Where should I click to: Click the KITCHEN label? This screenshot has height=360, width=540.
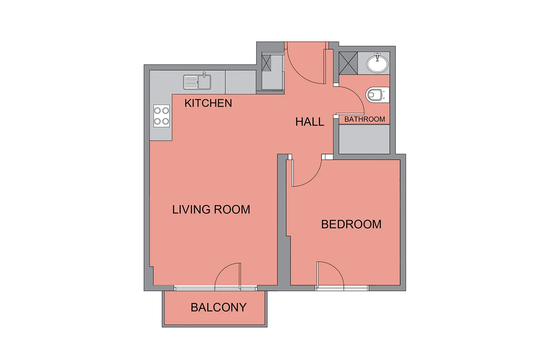pos(208,103)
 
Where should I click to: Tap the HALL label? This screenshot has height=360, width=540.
pos(310,122)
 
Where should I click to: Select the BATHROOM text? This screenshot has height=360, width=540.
pos(364,119)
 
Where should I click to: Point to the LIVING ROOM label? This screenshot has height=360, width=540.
pos(211,209)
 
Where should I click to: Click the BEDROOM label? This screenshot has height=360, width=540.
pos(351,224)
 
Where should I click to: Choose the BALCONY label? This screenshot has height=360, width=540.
pos(219,307)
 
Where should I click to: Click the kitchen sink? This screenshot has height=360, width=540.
pos(197,82)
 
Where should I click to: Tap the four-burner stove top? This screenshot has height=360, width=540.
pos(162,116)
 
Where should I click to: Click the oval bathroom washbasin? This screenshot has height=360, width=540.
pos(377,63)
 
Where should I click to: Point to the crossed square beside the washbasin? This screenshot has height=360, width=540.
pos(348,63)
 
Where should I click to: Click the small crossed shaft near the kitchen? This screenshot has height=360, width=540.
pos(266,63)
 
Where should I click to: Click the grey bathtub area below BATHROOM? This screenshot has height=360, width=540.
pos(364,139)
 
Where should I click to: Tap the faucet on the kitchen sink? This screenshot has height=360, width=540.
pos(204,75)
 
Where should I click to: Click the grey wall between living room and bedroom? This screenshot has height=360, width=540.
pos(282,222)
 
